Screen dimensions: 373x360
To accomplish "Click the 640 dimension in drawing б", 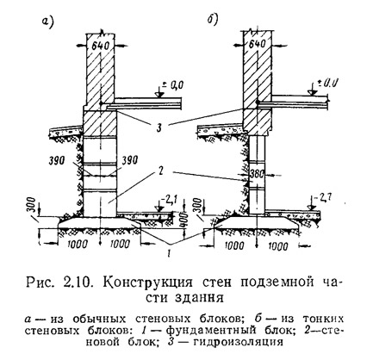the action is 256,44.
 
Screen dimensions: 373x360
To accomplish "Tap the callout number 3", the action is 159,127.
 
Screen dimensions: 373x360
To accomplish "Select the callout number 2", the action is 161,171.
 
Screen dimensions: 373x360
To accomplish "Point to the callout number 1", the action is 170,253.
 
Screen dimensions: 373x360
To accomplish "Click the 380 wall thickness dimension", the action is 257,174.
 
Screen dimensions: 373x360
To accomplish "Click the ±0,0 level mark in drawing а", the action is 173,85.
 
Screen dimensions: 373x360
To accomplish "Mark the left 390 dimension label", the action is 56,161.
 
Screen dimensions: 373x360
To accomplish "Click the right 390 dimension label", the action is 130,161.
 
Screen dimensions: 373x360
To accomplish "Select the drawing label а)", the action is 48,22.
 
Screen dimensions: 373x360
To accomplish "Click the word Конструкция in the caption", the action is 147,282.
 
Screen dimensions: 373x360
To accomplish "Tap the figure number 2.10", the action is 78,282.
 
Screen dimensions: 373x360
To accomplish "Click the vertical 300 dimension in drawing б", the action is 197,206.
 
